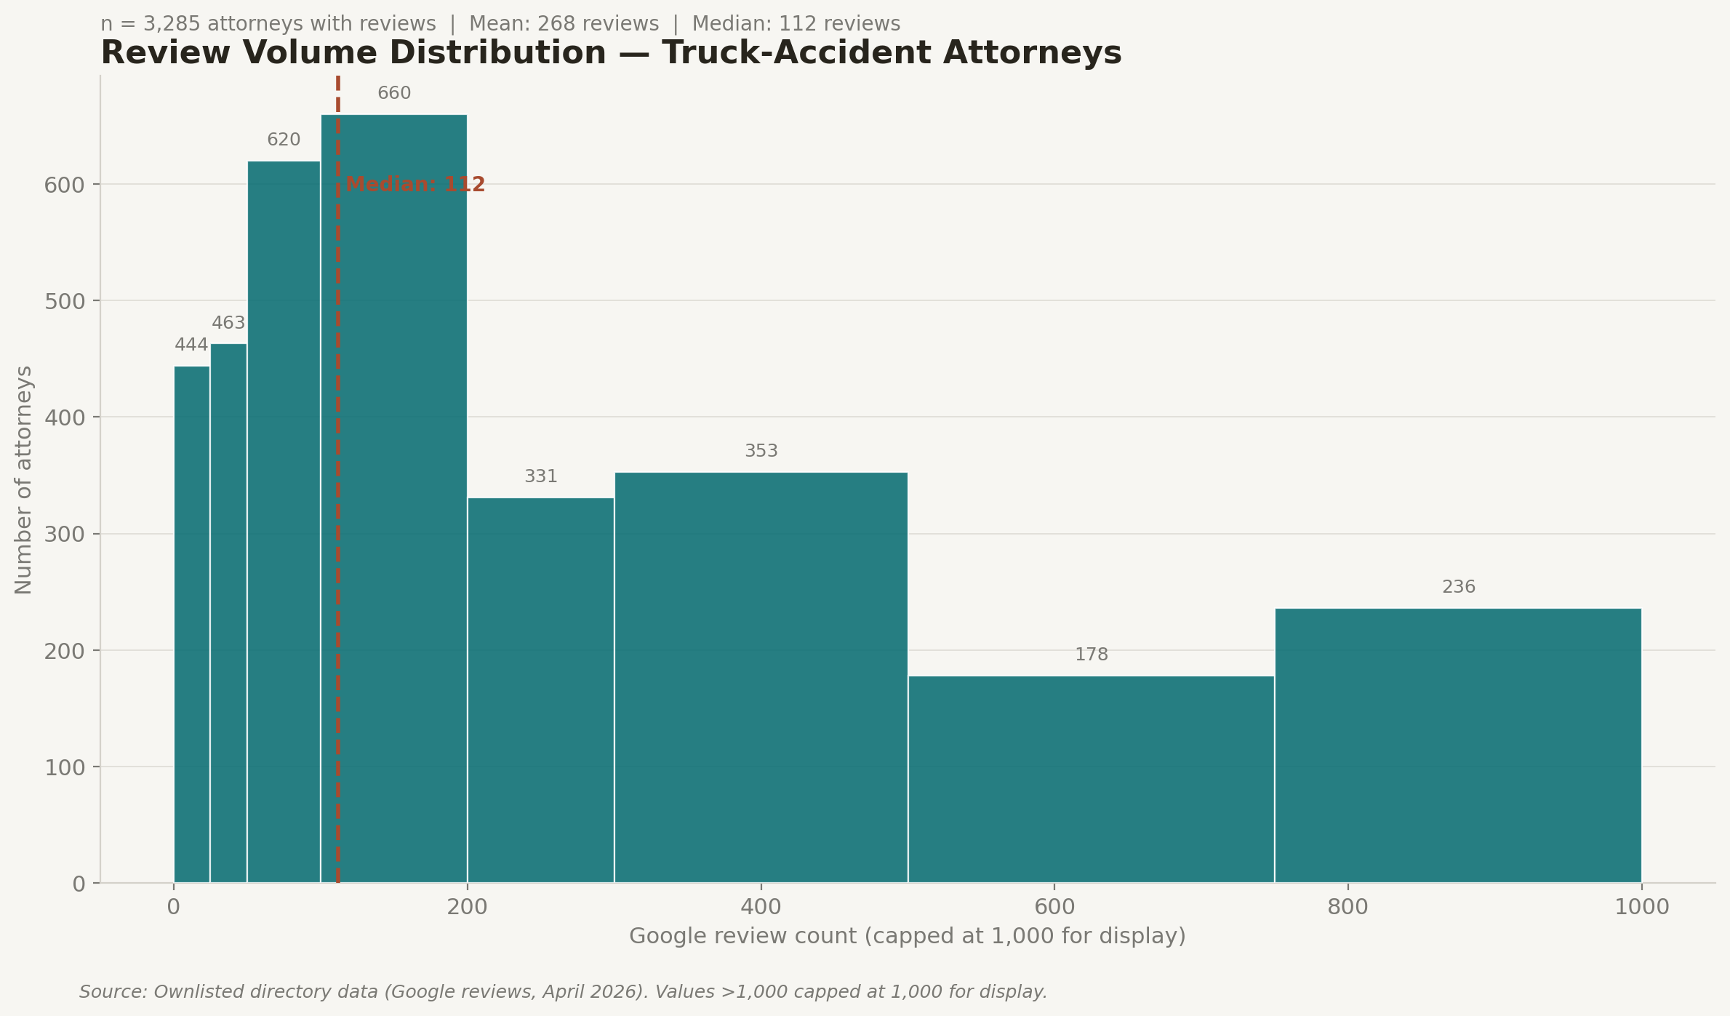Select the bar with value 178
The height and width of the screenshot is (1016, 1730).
pos(1091,779)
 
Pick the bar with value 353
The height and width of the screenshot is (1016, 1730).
pos(761,677)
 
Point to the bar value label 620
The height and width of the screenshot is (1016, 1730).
pos(284,140)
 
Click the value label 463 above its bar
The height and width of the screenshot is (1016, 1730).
pos(228,323)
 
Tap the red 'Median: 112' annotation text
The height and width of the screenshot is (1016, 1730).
pos(415,185)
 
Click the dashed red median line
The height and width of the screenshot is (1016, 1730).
pos(338,582)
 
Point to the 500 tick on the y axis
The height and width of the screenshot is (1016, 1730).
pos(64,301)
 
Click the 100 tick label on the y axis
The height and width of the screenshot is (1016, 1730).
pos(64,767)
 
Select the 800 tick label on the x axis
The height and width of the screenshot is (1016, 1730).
pos(1347,907)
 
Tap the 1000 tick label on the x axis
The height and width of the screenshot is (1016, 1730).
pos(1641,907)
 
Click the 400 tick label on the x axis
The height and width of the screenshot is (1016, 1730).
pos(761,907)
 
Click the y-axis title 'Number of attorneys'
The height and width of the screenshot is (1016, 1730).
pos(23,480)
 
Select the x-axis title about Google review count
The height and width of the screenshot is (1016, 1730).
pos(907,936)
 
